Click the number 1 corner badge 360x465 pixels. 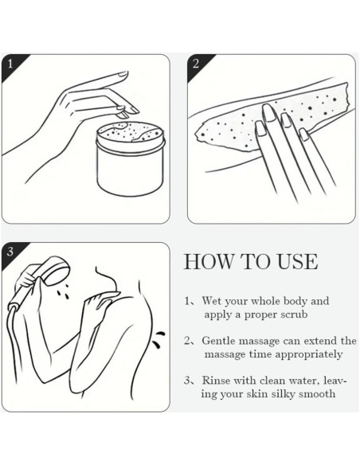pos(9,61)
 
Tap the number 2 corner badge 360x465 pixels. pos(195,61)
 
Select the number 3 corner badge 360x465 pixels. pos(9,250)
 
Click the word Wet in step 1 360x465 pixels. pos(211,302)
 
